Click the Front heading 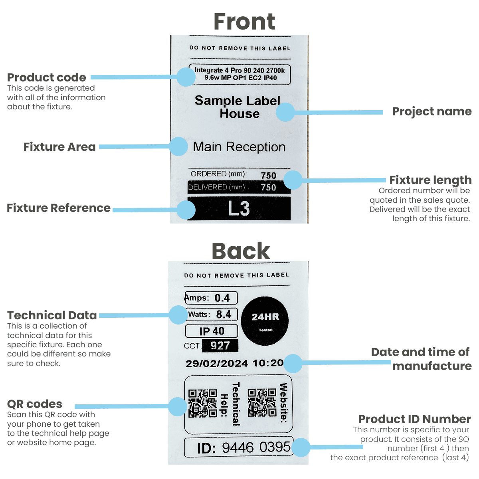coord(244,22)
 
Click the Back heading coord(241,251)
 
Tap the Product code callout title coord(47,77)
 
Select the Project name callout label coord(432,111)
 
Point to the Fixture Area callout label coord(59,147)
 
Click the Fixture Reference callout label coord(59,208)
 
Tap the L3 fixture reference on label coord(239,208)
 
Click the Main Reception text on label coord(239,147)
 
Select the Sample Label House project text coord(238,107)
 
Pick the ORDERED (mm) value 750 coord(268,175)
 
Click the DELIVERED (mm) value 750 coord(268,187)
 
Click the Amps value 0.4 coord(222,298)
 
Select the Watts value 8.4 coord(224,315)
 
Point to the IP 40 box coord(212,331)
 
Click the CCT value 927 coord(220,346)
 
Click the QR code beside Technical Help coord(203,403)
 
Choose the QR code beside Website coord(262,402)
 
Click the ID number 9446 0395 coord(256,447)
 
